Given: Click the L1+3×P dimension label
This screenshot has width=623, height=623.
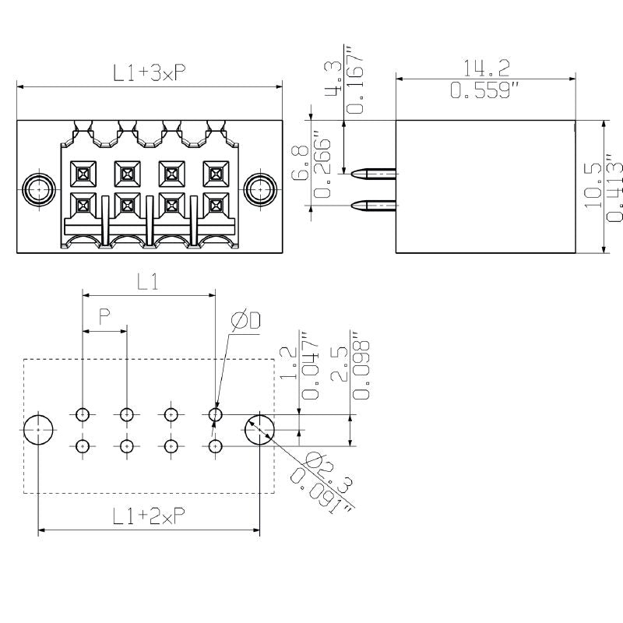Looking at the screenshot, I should coord(149,73).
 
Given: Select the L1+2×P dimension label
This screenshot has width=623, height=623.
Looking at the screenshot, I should coord(148,515).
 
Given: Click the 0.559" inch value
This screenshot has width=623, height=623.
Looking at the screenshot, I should coord(484,91).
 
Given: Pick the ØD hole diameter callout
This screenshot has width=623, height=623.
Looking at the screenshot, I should coord(245,320).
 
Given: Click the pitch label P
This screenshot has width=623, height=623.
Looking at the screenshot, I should coord(104,316).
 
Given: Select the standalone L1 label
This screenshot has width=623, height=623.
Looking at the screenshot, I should coord(149,283).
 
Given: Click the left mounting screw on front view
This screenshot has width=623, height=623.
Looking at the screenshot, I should coord(37,188).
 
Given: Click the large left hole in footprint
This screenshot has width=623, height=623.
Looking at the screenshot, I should coord(38,430).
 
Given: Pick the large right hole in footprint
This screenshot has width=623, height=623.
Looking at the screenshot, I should coord(260,430).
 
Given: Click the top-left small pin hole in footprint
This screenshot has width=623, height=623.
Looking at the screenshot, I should coord(83,414).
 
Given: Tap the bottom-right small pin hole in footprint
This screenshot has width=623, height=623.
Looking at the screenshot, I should coord(216,446).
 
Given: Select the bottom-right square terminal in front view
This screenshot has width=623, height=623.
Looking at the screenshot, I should coord(214,205).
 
